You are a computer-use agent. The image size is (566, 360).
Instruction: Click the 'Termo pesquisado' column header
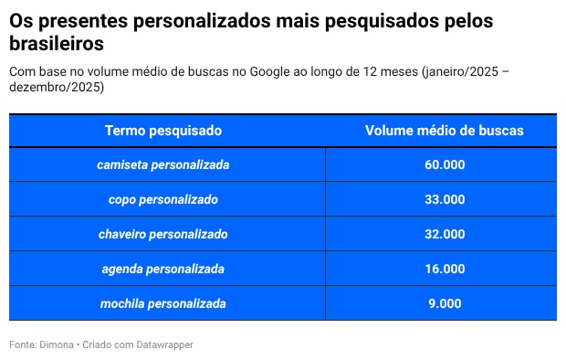pos(162,131)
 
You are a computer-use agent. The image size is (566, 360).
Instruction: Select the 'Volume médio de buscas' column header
pos(444,131)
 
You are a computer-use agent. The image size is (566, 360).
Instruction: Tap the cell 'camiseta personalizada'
pos(162,165)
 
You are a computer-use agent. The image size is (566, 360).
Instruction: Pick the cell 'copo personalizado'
pos(162,199)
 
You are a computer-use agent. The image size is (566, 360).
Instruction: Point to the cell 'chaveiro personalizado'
pos(162,234)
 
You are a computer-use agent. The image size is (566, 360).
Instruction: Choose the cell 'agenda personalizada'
pos(162,269)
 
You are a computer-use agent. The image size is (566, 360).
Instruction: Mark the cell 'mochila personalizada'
pos(162,303)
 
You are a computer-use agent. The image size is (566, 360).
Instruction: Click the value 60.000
pos(444,165)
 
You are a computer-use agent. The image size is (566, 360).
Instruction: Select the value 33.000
pos(444,199)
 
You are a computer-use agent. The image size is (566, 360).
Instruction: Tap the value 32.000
pos(444,234)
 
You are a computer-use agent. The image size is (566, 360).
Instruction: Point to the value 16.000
pos(444,269)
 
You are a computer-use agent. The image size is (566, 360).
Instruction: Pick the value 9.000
pos(444,303)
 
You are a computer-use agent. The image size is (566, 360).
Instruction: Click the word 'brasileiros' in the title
pos(57,43)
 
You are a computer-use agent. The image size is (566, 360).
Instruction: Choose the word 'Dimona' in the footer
pos(58,344)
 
